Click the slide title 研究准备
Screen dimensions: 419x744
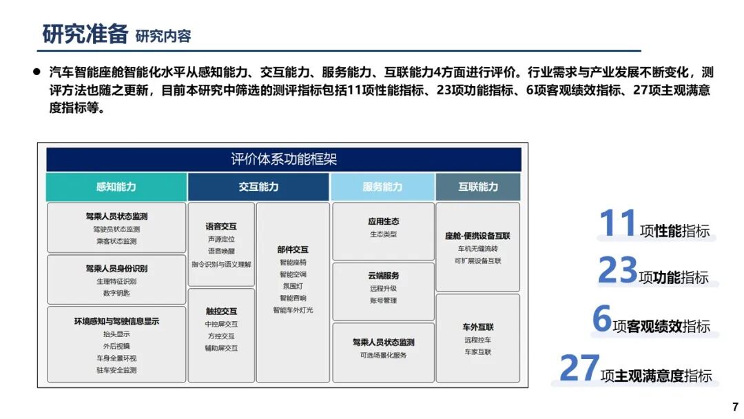[85, 34]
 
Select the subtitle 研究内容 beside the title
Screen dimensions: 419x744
[163, 36]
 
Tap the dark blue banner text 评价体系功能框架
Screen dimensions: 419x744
[284, 160]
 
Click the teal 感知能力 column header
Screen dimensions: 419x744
[116, 187]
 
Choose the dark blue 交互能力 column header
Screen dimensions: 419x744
[258, 187]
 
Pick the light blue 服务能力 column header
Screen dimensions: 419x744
[382, 187]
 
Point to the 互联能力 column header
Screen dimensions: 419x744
[478, 187]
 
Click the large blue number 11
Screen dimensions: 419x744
[617, 224]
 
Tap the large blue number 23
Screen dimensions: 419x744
[617, 271]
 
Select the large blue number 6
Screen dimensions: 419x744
[602, 319]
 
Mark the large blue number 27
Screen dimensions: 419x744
[579, 369]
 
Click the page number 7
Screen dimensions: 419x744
[735, 407]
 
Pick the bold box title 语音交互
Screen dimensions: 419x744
[221, 226]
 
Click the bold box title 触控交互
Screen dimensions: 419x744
[221, 311]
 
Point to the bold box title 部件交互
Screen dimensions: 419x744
[293, 249]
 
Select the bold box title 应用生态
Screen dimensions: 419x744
[383, 222]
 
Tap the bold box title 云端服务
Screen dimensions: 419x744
[383, 276]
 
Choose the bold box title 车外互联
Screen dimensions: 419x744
[478, 327]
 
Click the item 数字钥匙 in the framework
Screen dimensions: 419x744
[116, 293]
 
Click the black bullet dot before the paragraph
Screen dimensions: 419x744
[37, 72]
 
